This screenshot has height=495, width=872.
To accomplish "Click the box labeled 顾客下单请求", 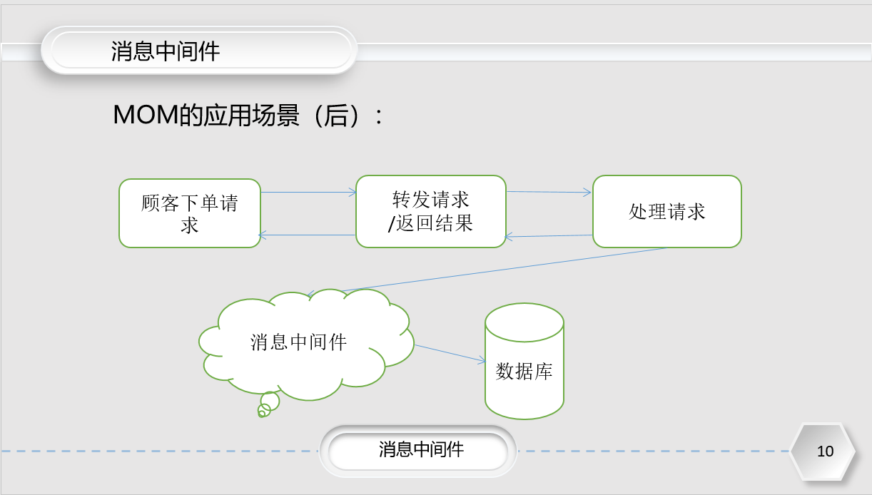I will [x=190, y=213].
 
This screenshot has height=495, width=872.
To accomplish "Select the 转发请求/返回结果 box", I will [x=431, y=212].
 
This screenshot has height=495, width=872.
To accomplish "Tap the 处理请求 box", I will [x=667, y=212].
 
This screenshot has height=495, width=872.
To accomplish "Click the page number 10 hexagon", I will [x=823, y=451].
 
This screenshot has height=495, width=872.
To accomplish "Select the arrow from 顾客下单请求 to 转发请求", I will [x=308, y=192].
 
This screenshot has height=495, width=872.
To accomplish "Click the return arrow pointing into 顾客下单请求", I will [x=307, y=235].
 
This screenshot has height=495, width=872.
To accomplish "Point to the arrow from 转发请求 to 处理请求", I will [x=549, y=192].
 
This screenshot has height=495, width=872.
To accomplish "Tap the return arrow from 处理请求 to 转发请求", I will [x=549, y=236].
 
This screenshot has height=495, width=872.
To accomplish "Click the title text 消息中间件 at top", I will [x=165, y=51].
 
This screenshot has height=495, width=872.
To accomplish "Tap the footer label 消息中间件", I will [x=421, y=449].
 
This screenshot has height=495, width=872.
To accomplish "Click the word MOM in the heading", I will [x=145, y=116].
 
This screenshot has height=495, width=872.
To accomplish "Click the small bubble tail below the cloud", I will [x=268, y=404].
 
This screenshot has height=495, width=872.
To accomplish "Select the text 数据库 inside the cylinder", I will [x=524, y=372].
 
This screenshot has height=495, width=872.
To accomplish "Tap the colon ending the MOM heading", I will [x=378, y=117].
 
